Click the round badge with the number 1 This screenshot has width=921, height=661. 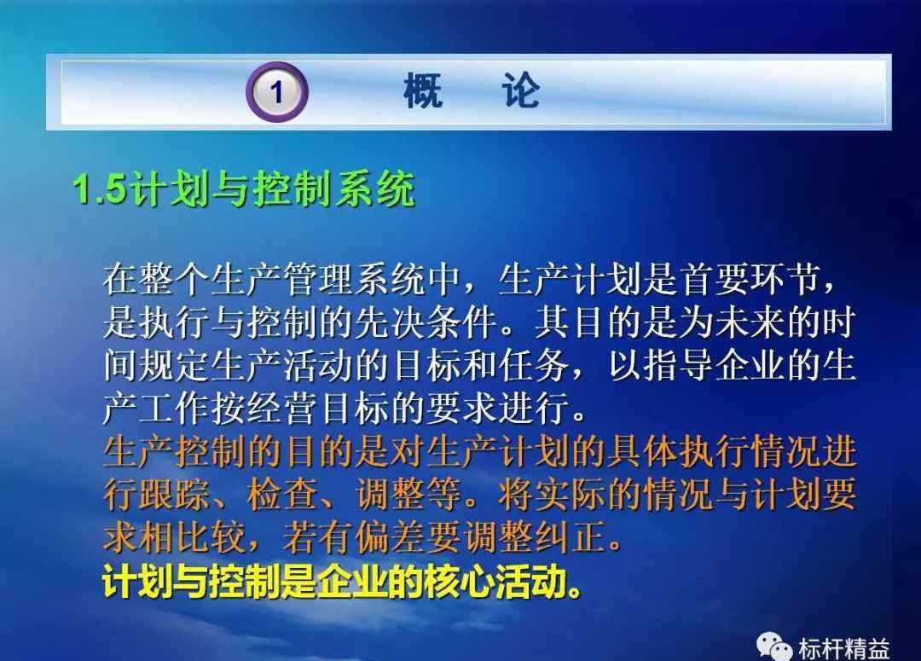tap(276, 91)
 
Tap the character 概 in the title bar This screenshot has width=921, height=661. tap(423, 90)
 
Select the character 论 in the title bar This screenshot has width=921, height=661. tap(520, 90)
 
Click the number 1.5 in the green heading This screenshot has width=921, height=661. tap(100, 188)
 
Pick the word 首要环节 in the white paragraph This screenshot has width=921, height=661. tap(750, 279)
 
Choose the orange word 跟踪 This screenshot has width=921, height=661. tap(175, 494)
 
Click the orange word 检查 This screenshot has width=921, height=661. tap(283, 494)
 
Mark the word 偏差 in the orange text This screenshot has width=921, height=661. tap(391, 537)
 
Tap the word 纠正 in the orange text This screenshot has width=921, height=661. tap(570, 537)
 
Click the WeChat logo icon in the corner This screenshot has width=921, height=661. tap(773, 646)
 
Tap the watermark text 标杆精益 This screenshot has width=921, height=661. tap(843, 649)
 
